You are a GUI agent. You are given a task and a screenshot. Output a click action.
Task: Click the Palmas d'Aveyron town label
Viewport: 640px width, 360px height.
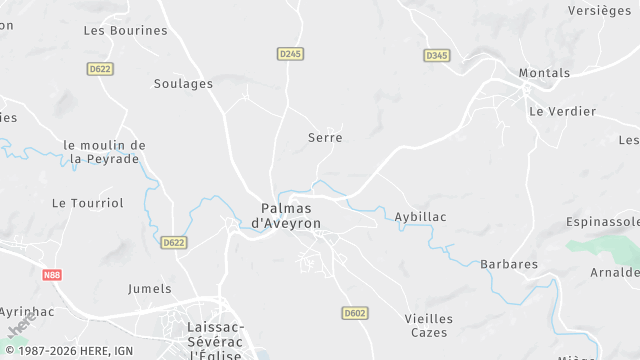(285, 216)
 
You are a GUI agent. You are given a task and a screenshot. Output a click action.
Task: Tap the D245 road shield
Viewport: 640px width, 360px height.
(290, 53)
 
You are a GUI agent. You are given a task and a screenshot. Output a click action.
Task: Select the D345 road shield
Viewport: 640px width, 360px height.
(436, 55)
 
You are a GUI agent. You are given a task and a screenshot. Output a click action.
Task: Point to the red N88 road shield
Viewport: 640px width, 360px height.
(52, 274)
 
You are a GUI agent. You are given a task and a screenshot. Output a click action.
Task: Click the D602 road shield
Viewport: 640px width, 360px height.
(354, 313)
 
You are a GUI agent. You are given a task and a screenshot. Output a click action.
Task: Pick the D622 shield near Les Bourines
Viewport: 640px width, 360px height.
(99, 69)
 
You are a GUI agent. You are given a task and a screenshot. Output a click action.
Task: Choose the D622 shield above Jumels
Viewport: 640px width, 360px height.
(173, 242)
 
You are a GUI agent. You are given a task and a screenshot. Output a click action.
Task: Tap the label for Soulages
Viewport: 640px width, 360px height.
(183, 84)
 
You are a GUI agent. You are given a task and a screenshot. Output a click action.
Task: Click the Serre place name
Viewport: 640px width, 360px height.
(325, 137)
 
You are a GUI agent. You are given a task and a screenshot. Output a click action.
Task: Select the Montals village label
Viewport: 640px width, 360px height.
(544, 73)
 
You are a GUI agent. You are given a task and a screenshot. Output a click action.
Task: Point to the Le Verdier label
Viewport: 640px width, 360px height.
(562, 111)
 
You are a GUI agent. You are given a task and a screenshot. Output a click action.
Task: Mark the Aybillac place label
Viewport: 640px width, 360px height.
(420, 216)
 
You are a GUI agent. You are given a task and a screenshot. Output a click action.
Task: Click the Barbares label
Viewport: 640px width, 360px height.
(509, 264)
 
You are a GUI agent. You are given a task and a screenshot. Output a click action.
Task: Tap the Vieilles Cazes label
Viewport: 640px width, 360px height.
(429, 325)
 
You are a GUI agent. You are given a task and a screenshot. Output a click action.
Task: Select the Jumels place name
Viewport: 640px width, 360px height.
(150, 288)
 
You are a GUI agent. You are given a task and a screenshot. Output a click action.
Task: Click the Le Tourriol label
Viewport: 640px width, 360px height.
(88, 202)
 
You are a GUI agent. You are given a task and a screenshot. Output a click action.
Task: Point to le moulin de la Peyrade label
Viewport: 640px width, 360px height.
(104, 152)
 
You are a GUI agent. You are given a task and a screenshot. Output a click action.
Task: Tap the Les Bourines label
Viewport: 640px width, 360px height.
(125, 30)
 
